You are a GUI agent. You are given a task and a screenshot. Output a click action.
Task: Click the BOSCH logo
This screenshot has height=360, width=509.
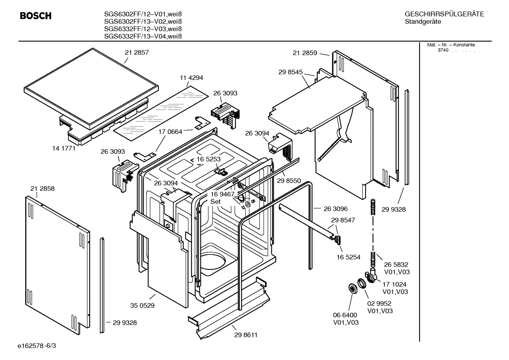(36, 16)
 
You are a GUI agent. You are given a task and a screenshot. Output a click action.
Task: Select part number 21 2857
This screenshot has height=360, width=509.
(137, 53)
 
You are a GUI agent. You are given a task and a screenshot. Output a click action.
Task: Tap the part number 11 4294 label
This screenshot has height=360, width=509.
(191, 78)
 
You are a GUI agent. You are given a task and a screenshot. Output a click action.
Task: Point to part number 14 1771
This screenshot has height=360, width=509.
(64, 148)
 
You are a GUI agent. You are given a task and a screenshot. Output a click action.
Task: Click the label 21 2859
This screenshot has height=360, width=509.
(305, 53)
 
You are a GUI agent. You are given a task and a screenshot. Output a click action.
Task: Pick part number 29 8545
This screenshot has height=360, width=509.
(291, 72)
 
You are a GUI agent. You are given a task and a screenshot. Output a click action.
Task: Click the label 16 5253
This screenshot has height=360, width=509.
(209, 159)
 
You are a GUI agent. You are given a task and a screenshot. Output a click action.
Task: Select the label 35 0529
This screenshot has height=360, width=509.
(142, 305)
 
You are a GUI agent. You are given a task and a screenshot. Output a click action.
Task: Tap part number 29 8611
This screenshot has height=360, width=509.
(246, 335)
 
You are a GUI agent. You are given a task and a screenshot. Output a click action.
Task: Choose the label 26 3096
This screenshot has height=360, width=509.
(336, 209)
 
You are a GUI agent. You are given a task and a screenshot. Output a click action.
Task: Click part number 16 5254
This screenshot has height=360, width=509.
(348, 257)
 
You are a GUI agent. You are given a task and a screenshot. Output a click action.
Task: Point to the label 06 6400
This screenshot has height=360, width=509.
(345, 315)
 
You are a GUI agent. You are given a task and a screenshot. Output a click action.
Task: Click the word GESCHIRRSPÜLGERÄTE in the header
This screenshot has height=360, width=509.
(444, 14)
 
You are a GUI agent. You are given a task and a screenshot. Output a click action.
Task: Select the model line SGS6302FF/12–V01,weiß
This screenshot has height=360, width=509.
(143, 14)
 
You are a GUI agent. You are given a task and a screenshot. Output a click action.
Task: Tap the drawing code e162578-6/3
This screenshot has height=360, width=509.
(36, 345)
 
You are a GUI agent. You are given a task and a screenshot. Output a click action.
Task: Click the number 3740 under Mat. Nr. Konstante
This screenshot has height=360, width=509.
(443, 50)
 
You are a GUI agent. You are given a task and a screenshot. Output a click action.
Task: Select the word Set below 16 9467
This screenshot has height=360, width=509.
(215, 202)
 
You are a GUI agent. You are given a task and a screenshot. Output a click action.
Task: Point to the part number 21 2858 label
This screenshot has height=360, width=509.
(42, 189)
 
